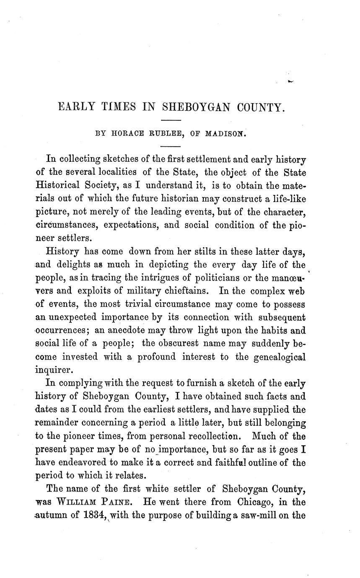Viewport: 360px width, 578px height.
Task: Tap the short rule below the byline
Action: [x=170, y=146]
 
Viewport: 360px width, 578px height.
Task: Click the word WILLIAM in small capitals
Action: [x=75, y=502]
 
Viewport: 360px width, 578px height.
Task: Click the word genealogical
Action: [x=278, y=357]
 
